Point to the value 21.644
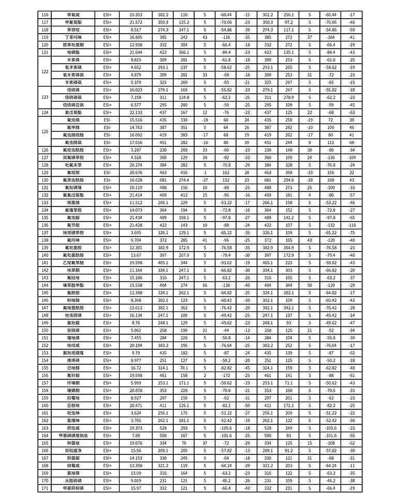[136, 52]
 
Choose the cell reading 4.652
[136, 67]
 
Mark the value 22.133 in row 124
[136, 112]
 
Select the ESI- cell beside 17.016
[107, 142]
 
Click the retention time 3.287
[136, 150]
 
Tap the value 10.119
[136, 187]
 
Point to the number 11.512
[136, 202]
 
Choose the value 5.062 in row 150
[136, 330]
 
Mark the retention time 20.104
[136, 345]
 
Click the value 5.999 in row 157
[136, 382]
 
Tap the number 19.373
[136, 427]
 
